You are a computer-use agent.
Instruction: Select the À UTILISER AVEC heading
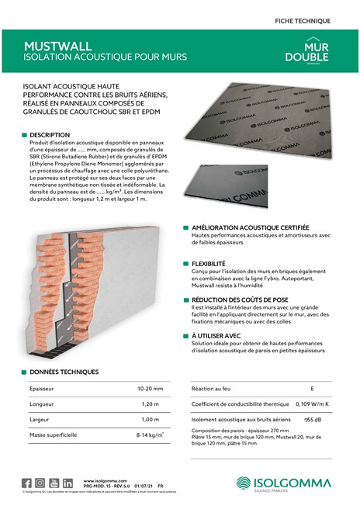click(216, 336)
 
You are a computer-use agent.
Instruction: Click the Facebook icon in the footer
click(27, 483)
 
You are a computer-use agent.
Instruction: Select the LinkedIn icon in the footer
click(67, 483)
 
